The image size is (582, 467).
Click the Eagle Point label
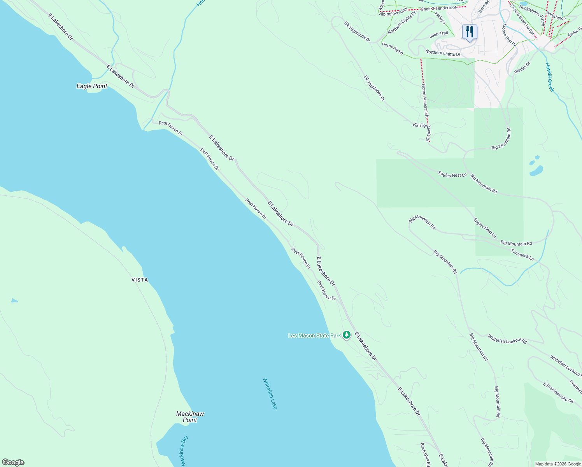tap(92, 86)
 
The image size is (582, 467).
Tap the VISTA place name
tap(140, 280)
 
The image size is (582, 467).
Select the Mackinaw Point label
tap(190, 417)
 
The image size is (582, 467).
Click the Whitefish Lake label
tap(270, 393)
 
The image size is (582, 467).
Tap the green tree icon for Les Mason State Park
tap(347, 335)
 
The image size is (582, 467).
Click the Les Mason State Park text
tap(314, 335)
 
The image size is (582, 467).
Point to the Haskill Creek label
tap(549, 77)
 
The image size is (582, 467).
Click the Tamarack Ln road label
tap(522, 255)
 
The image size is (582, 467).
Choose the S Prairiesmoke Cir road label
tap(558, 393)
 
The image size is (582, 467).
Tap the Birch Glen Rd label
tap(425, 454)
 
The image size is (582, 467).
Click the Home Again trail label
tap(392, 48)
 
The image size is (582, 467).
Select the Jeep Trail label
tap(439, 34)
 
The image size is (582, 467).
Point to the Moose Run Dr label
tap(508, 35)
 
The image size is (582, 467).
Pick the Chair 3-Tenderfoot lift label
tap(438, 8)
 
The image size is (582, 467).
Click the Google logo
tap(13, 462)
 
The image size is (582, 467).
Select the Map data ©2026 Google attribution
tap(557, 464)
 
